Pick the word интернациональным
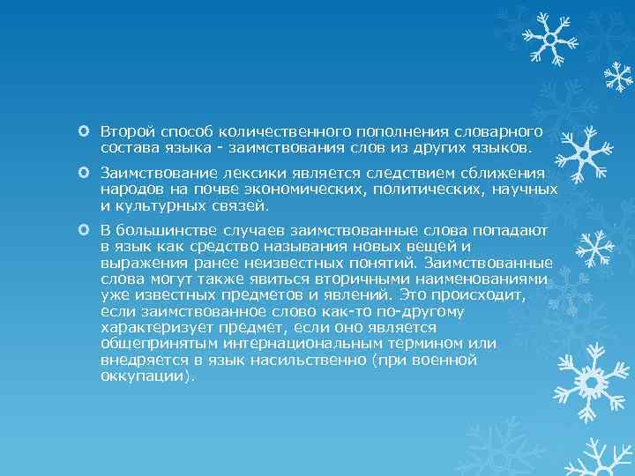point(284,344)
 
